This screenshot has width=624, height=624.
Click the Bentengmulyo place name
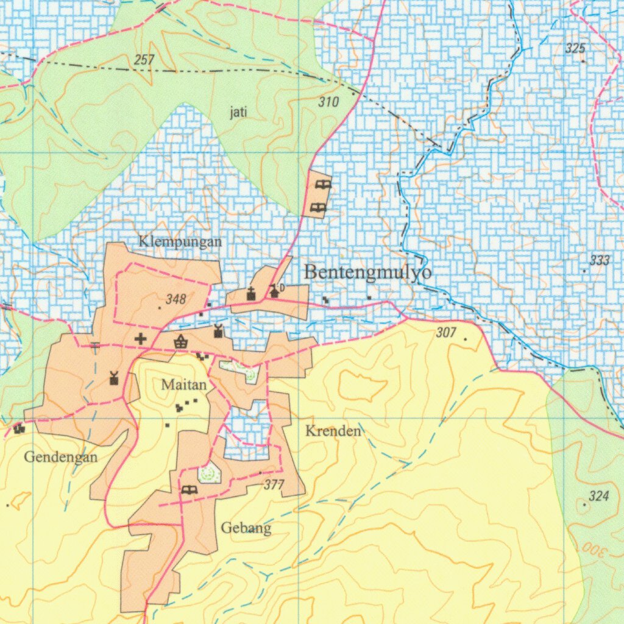point(368,272)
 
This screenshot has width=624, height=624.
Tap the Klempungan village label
point(180,241)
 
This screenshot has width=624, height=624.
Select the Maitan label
point(184,385)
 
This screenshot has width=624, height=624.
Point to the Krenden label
point(333,431)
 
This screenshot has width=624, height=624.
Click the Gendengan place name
point(61,457)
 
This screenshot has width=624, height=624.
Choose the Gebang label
point(246,528)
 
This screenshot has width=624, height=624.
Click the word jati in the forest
point(238,112)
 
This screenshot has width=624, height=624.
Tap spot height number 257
point(144,60)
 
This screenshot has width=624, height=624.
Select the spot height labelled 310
point(328,102)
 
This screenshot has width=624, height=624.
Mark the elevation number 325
point(575,49)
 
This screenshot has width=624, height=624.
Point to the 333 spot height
point(600,261)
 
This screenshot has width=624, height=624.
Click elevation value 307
point(446,333)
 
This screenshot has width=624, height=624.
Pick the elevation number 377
point(275,485)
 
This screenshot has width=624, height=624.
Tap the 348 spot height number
point(175,299)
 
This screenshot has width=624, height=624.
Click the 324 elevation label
point(600,496)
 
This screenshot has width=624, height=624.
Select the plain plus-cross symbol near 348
point(141,339)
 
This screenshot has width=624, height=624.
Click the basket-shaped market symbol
point(180,342)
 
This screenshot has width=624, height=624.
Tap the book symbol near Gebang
point(190,489)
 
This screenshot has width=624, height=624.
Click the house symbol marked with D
point(275,291)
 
